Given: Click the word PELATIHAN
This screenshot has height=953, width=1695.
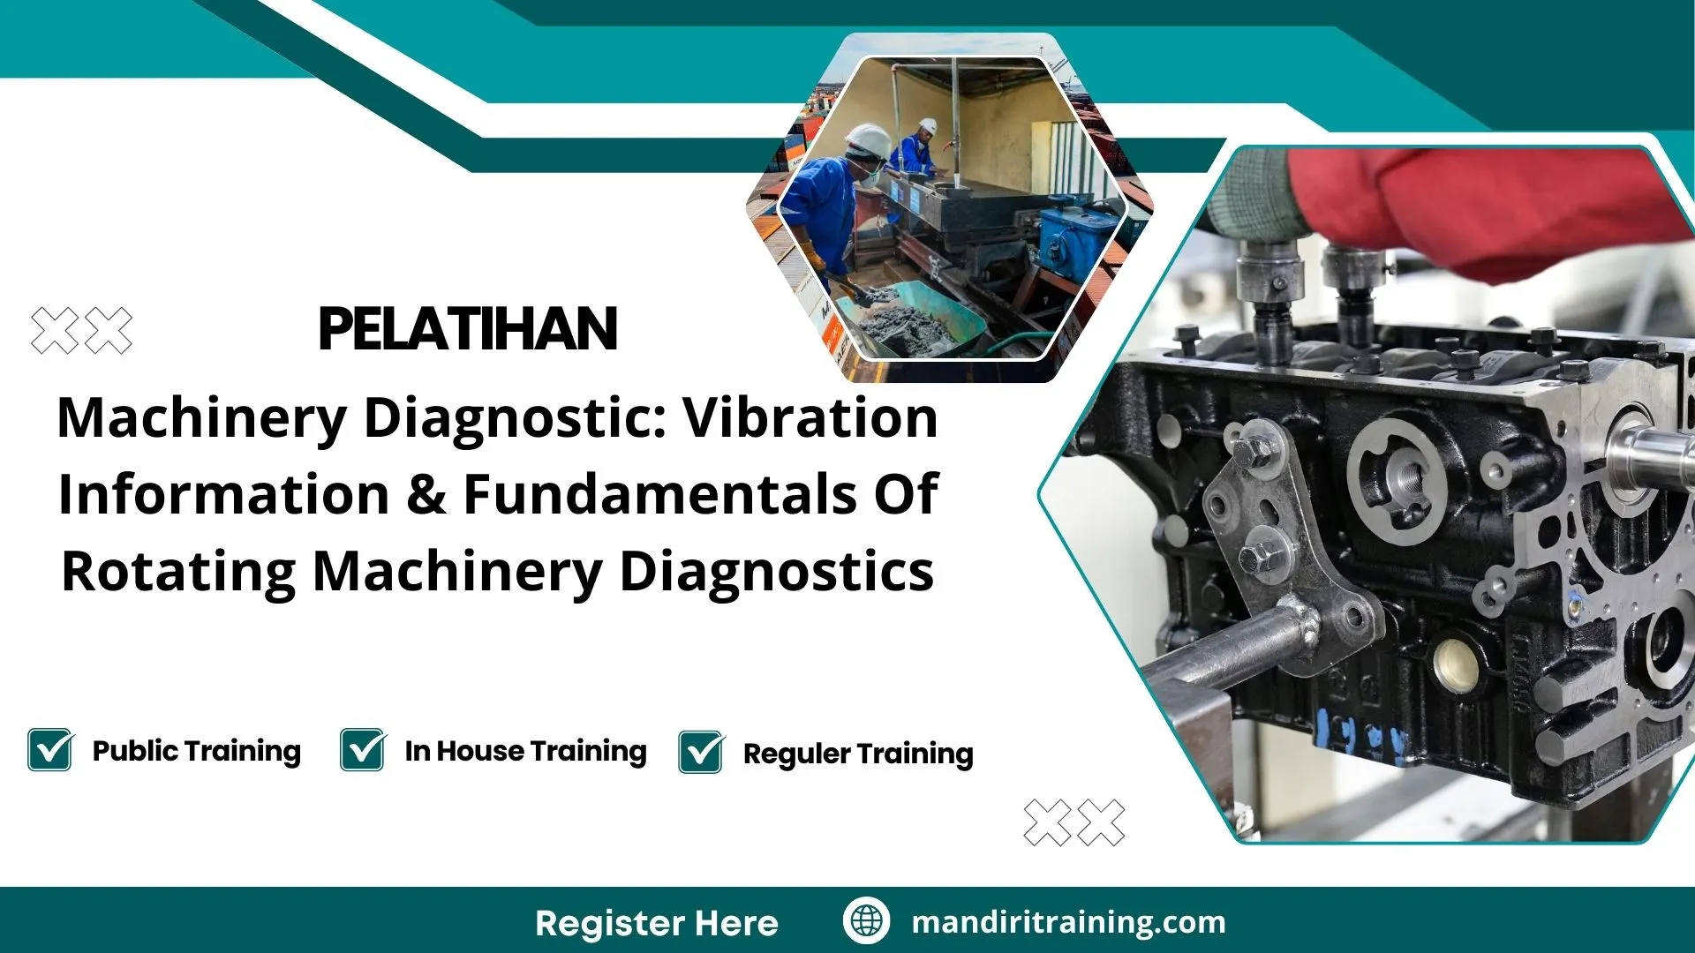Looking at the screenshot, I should [x=467, y=330].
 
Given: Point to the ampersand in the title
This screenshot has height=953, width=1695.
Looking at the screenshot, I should [x=426, y=494].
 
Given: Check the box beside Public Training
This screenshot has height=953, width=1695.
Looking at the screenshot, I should [x=50, y=750].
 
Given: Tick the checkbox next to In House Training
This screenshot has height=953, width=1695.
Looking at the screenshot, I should [x=363, y=750].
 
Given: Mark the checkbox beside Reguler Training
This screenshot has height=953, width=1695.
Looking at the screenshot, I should [x=701, y=752].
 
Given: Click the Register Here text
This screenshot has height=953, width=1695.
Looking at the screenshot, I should [x=657, y=923].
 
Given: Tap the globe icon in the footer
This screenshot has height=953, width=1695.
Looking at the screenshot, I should [x=866, y=920].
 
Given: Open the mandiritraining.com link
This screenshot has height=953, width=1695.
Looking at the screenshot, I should [x=1068, y=922].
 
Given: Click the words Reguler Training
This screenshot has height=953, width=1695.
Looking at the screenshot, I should [x=858, y=754].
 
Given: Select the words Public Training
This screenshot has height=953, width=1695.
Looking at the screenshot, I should [x=196, y=751].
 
